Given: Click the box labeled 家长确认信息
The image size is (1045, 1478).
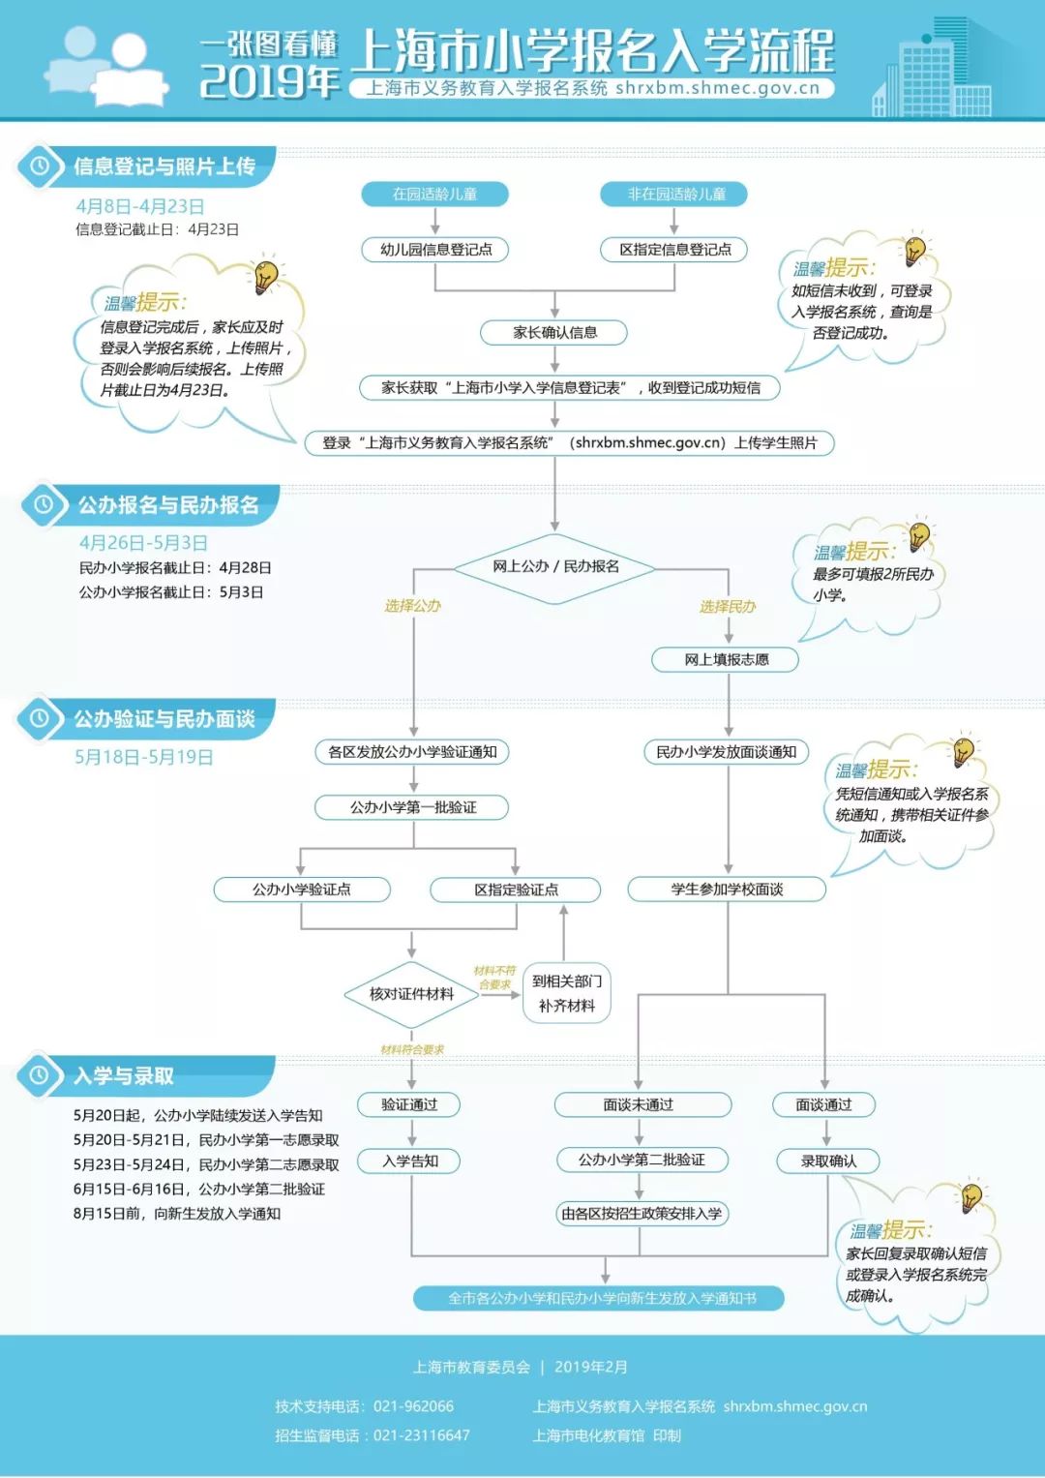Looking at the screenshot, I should (x=554, y=333).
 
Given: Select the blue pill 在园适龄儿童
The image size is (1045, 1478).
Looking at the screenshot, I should (x=434, y=195).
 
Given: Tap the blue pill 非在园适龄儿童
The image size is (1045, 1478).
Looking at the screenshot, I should (x=676, y=195).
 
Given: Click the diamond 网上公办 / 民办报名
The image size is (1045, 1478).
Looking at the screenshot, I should (x=555, y=567).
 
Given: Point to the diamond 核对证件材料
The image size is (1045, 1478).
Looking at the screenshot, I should (x=412, y=994).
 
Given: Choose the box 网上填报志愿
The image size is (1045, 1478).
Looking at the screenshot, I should (x=727, y=660).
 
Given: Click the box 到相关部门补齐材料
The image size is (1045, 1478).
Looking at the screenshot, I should (x=567, y=994).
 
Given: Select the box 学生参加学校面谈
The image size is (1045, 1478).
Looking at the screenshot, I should (x=728, y=890).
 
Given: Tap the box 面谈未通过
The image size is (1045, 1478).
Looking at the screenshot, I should (x=639, y=1104).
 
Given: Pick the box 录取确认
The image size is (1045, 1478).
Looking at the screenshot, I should (x=828, y=1161).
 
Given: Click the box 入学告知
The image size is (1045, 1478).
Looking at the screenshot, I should (x=411, y=1161).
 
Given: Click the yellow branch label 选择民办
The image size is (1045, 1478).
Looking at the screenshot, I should (x=728, y=607).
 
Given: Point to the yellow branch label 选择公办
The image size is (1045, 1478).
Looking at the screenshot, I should (x=412, y=606).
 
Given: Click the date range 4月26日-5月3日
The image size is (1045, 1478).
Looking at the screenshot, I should (x=143, y=543).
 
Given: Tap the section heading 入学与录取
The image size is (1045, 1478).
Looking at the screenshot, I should (x=124, y=1076).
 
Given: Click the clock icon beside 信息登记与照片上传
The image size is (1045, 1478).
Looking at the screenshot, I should (x=40, y=166).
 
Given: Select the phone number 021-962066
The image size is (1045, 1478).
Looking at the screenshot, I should (x=413, y=1406).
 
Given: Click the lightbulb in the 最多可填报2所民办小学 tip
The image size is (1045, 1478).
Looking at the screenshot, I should (x=918, y=535).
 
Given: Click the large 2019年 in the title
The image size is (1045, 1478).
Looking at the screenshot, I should (x=270, y=80).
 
